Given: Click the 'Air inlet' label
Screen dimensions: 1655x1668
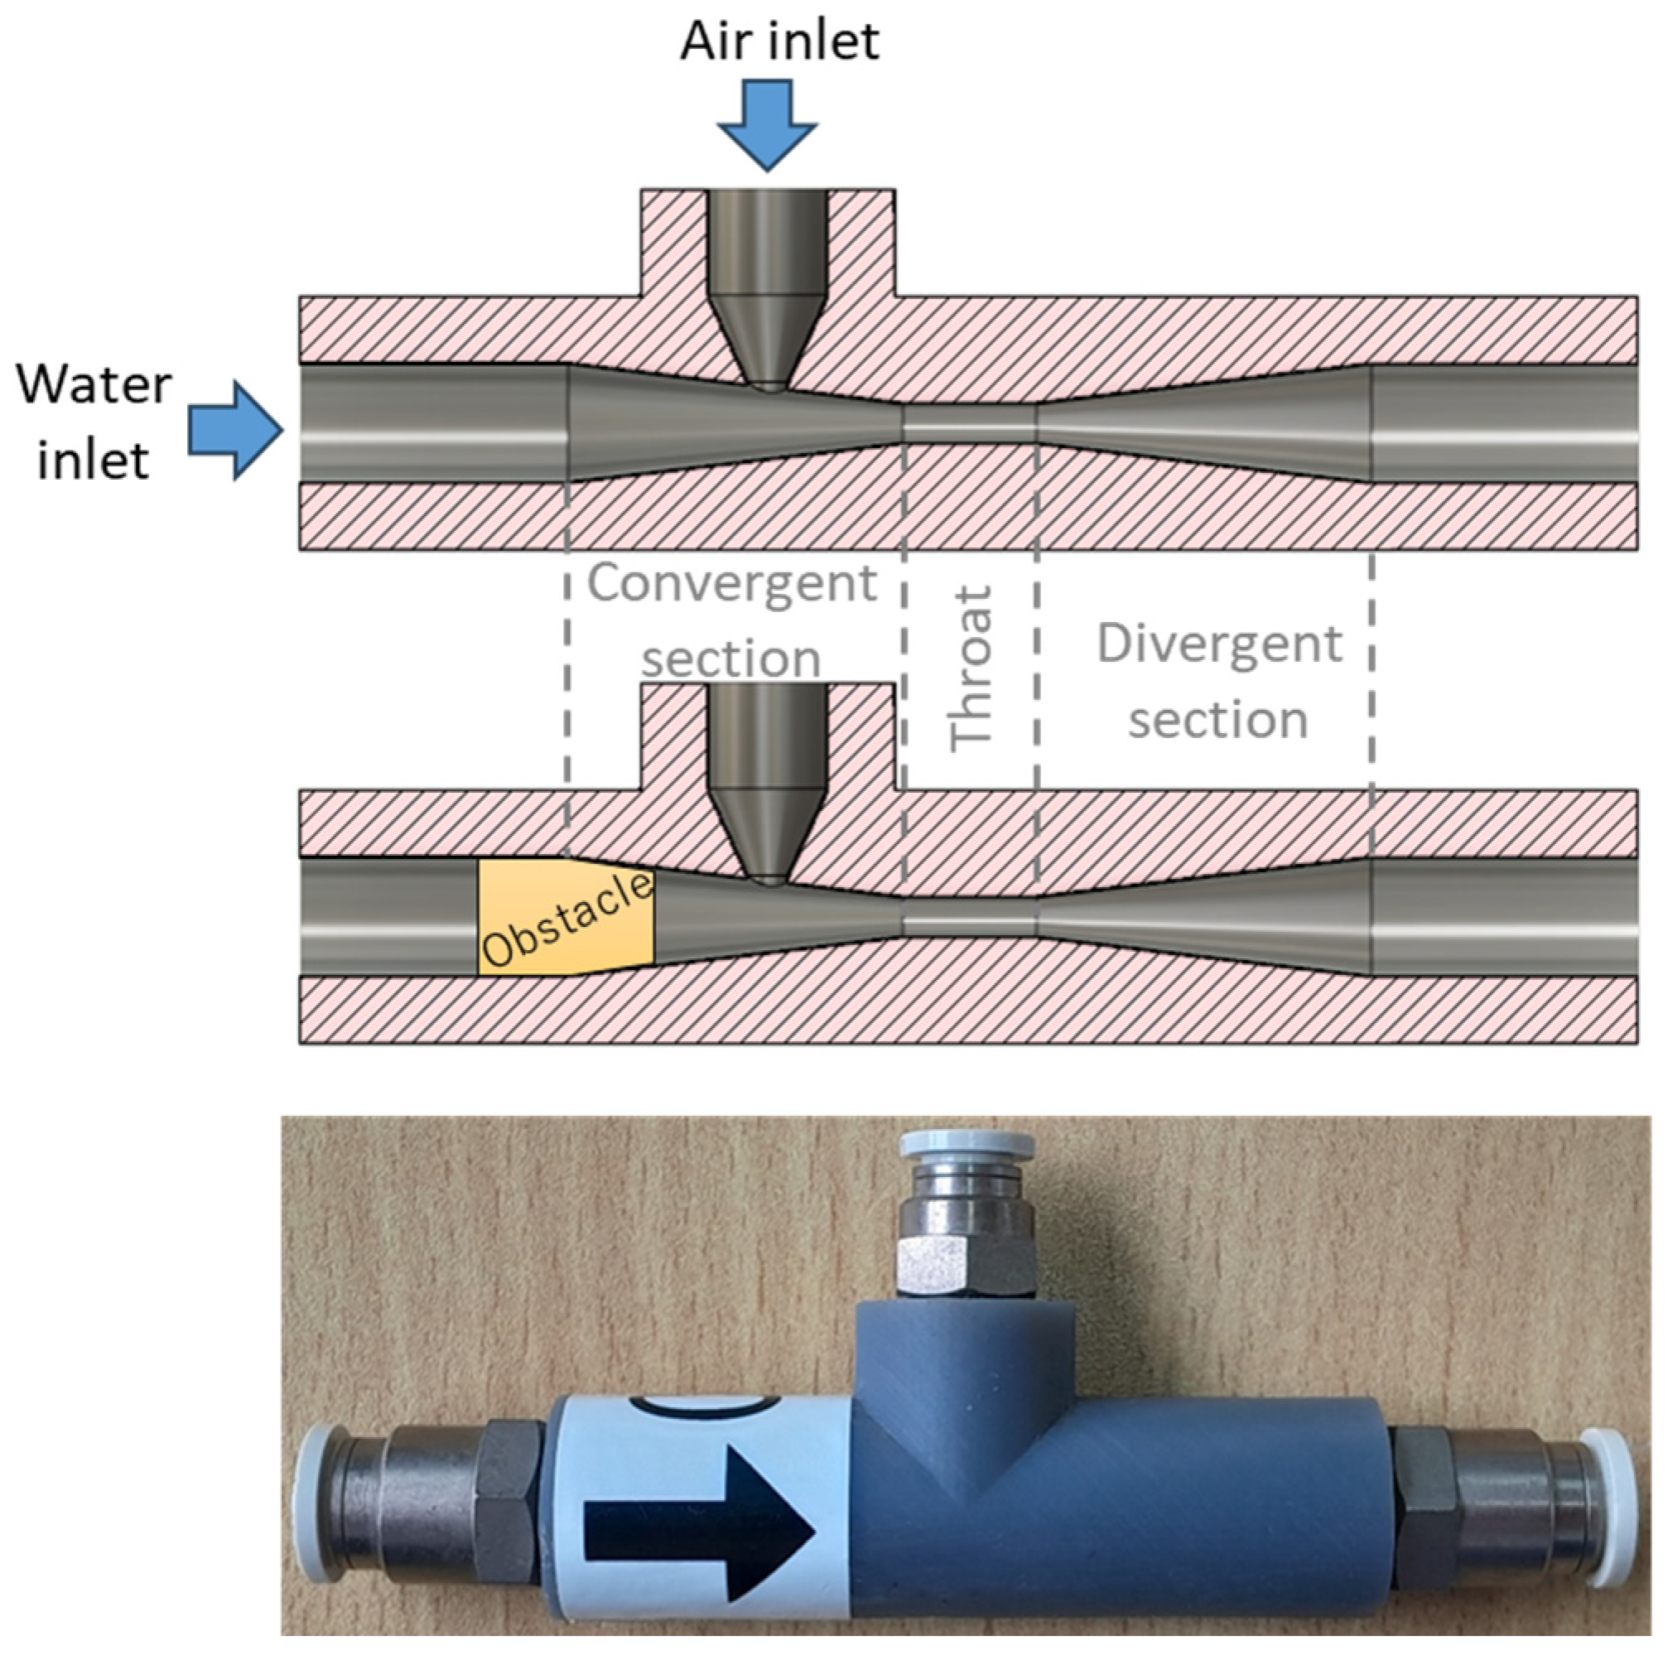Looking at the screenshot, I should click(779, 41).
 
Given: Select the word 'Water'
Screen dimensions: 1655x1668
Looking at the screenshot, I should click(94, 385).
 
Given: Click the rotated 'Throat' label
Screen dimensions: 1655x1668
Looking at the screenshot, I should click(971, 669).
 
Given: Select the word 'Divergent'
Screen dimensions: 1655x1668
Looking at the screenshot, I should click(1219, 643).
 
